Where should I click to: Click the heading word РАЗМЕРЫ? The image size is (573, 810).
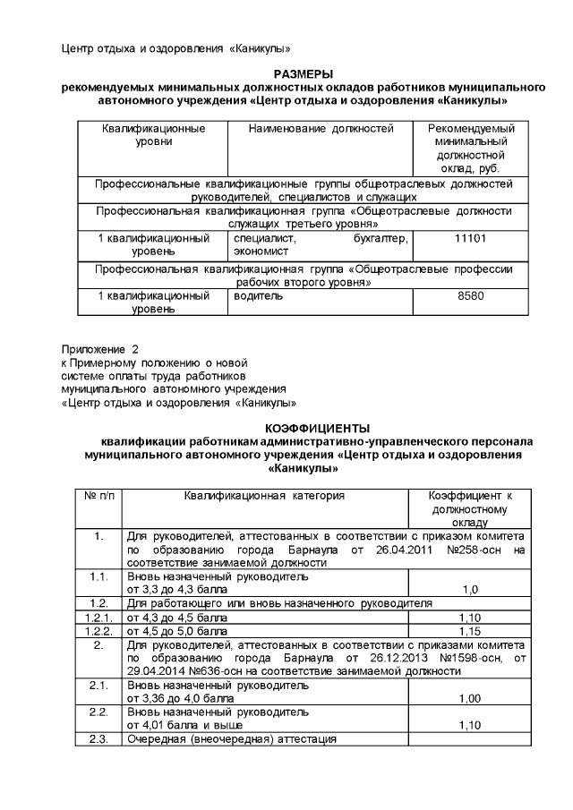pyautogui.click(x=304, y=73)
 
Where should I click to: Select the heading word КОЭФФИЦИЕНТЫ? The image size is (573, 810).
pyautogui.click(x=304, y=428)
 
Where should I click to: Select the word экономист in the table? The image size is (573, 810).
pyautogui.click(x=261, y=252)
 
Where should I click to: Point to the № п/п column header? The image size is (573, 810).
pyautogui.click(x=99, y=495)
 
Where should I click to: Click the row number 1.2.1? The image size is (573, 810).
pyautogui.click(x=99, y=618)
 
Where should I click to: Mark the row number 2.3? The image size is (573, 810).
pyautogui.click(x=99, y=739)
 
